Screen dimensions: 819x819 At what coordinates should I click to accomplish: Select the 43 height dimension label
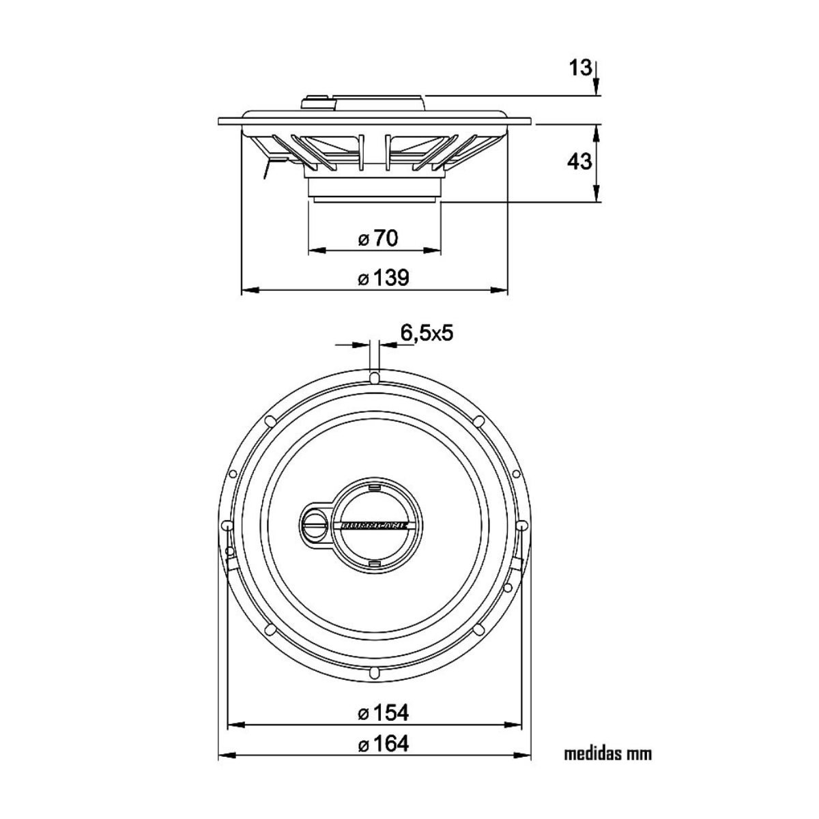point(580,162)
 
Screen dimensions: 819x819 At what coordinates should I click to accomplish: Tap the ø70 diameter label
point(378,238)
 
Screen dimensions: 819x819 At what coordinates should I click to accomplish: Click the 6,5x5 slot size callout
point(427,333)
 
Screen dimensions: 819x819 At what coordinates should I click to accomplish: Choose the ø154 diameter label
point(384,713)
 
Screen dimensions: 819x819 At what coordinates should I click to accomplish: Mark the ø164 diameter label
point(384,743)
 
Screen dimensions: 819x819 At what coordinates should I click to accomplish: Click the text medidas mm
point(607,754)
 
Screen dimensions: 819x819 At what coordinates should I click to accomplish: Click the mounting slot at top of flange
point(374,377)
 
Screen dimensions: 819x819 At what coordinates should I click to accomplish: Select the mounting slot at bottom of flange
point(374,673)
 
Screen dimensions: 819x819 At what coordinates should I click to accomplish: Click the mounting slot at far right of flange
point(522,526)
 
